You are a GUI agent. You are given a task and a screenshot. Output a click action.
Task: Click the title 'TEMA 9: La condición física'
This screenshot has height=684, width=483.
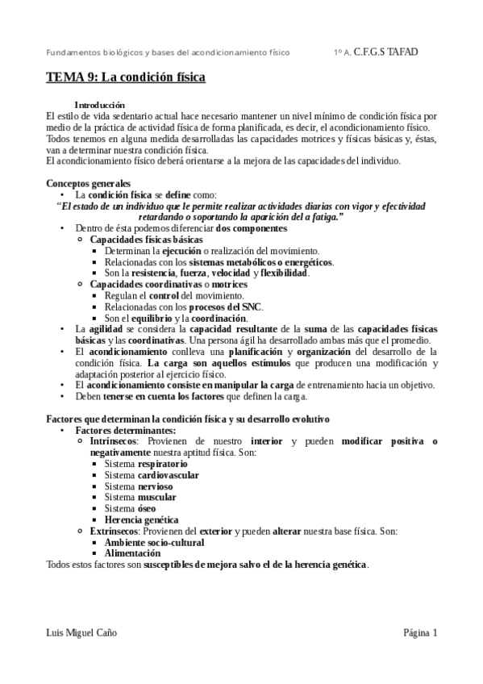[125, 78]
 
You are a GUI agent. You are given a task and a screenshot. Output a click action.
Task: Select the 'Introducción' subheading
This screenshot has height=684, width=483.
[99, 105]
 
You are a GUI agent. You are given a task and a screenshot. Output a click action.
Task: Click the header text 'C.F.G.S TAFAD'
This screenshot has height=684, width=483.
[387, 52]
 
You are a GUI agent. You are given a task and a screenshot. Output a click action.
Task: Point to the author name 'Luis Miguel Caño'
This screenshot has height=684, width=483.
[82, 633]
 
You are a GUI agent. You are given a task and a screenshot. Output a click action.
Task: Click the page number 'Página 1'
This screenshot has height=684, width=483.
[420, 633]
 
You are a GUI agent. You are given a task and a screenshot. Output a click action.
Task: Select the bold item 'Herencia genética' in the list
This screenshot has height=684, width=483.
[142, 520]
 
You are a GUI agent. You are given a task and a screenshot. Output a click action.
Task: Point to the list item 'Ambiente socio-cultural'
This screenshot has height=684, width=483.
[150, 543]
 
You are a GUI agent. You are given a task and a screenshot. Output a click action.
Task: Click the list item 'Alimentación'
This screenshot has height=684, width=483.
[132, 553]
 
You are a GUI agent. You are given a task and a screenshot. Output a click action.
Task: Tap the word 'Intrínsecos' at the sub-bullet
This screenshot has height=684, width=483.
[114, 442]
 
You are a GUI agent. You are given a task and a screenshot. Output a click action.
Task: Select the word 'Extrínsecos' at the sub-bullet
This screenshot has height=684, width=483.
[115, 532]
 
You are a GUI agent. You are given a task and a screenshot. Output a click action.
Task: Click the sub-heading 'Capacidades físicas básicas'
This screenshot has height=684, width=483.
[146, 240]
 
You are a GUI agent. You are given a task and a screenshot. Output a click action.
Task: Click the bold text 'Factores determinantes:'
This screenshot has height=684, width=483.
[119, 431]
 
